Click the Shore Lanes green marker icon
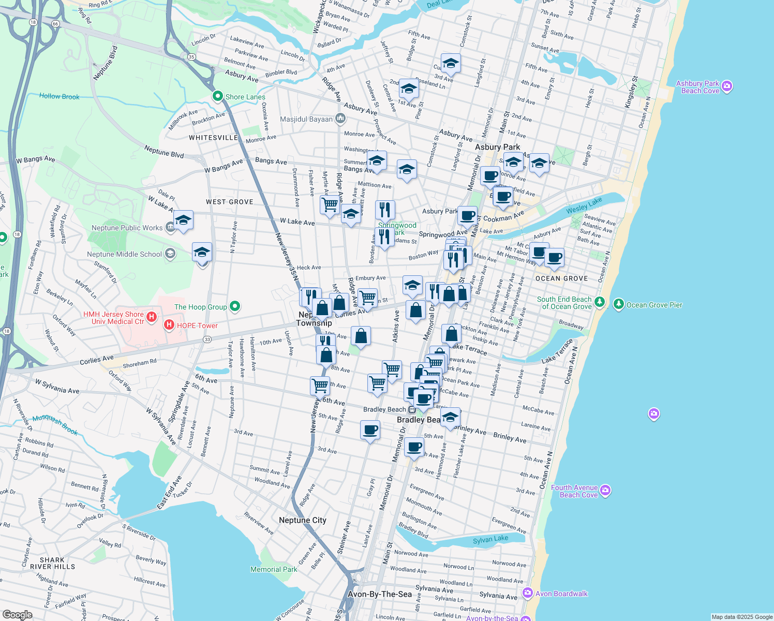218,96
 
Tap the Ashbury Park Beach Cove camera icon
727,86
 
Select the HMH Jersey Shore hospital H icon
152,317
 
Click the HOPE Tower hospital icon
169,325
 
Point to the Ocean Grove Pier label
654,305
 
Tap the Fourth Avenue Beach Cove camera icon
605,490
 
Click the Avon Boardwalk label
561,594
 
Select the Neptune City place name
302,520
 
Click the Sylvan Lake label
490,539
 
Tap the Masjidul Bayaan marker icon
340,119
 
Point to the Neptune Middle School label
124,254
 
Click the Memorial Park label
273,569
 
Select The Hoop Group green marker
235,306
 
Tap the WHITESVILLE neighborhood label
213,138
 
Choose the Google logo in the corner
17,614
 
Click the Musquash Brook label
55,425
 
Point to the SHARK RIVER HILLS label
52,563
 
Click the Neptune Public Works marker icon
170,227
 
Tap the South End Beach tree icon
600,302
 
